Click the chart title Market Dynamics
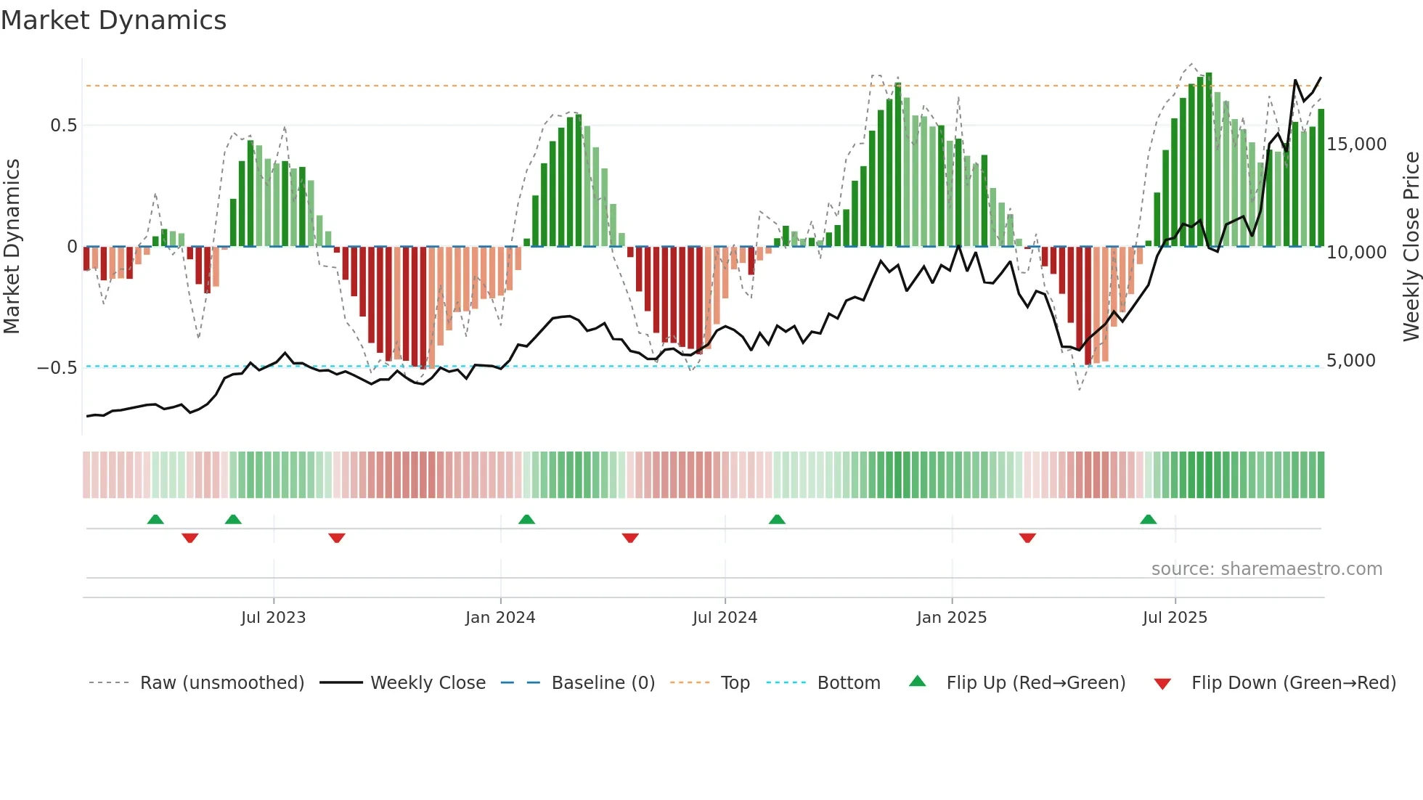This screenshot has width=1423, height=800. pyautogui.click(x=113, y=20)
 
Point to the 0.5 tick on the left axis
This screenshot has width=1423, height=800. pyautogui.click(x=63, y=126)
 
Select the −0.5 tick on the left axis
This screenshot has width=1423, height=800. pyautogui.click(x=57, y=368)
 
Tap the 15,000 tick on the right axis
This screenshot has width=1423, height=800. pyautogui.click(x=1356, y=144)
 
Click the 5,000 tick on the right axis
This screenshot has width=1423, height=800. pyautogui.click(x=1350, y=361)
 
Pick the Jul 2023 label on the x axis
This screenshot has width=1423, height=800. pyautogui.click(x=273, y=618)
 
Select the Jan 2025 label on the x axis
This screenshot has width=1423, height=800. pyautogui.click(x=951, y=618)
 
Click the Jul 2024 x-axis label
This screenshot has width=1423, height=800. pyautogui.click(x=725, y=618)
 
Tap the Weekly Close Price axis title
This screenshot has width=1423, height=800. pyautogui.click(x=1411, y=247)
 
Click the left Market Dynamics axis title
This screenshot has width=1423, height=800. pyautogui.click(x=12, y=247)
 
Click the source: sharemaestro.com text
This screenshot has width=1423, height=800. pyautogui.click(x=1266, y=569)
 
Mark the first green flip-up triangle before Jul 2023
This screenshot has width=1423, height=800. pyautogui.click(x=155, y=520)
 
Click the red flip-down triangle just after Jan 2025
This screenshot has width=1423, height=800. pyautogui.click(x=1027, y=538)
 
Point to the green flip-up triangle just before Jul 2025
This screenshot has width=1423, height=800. pyautogui.click(x=1148, y=520)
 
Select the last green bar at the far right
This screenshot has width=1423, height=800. pyautogui.click(x=1321, y=178)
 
